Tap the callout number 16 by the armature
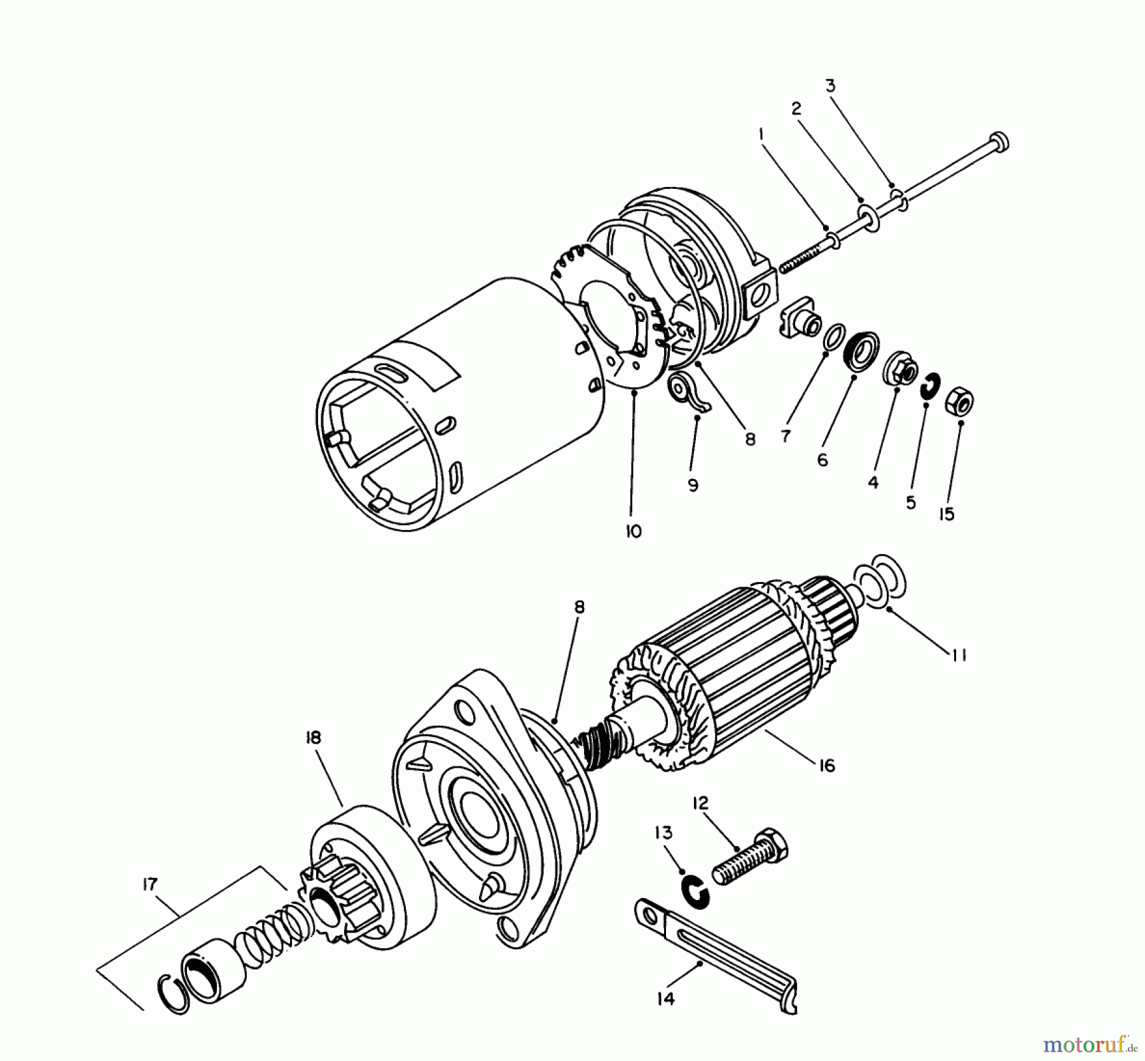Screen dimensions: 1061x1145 click(826, 766)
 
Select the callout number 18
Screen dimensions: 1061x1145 click(313, 737)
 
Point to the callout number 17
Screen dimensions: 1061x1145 click(149, 884)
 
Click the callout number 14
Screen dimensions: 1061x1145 click(665, 998)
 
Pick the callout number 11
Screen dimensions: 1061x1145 click(959, 655)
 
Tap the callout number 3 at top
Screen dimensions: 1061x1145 click(831, 85)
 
